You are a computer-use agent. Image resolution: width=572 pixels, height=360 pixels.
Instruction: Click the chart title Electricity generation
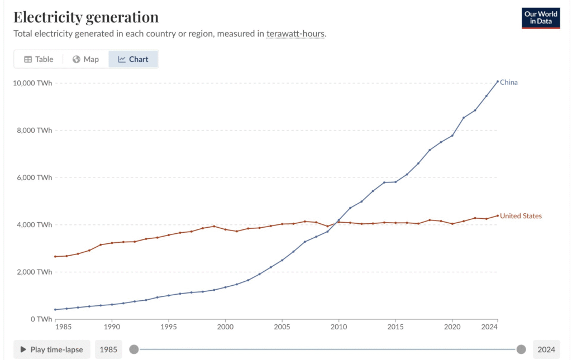(x=86, y=17)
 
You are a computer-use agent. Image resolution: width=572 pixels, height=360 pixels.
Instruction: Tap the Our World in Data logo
(x=541, y=18)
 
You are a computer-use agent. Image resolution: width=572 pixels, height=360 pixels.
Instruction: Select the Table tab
(x=39, y=59)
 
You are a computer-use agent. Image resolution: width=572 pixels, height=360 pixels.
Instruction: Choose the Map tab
(x=85, y=59)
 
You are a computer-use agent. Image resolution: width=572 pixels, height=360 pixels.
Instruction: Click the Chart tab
(x=134, y=59)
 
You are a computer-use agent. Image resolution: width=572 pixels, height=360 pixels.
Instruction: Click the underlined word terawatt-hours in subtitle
(x=295, y=33)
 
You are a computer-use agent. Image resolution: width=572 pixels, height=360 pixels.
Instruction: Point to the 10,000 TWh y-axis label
(x=32, y=83)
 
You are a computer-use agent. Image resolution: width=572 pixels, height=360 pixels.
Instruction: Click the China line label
(x=509, y=82)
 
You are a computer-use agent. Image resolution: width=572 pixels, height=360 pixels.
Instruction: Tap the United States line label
(x=521, y=216)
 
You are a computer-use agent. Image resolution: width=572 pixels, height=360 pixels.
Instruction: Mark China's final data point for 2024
(x=498, y=81)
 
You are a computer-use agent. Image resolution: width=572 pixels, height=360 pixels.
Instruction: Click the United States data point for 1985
(x=55, y=256)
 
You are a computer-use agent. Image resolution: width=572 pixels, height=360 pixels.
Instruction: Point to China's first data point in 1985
(x=55, y=309)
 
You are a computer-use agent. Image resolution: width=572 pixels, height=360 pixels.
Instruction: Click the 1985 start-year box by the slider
(x=108, y=349)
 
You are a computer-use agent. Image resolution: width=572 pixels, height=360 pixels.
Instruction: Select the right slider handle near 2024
(x=521, y=349)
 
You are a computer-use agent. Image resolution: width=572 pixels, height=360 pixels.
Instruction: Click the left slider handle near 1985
(x=134, y=349)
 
